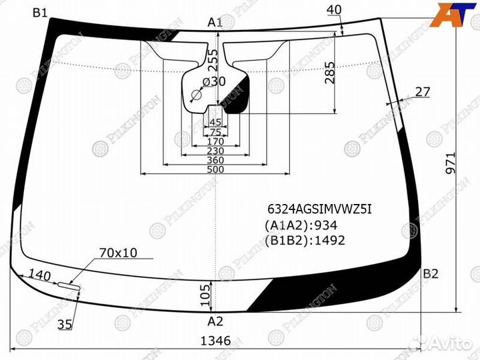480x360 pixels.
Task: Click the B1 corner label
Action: [x=39, y=12]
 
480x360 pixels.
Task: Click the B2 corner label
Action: [x=431, y=273]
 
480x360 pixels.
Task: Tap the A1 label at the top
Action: [x=215, y=23]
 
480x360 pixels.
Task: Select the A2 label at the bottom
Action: [x=215, y=321]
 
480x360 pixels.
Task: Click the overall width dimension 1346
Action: [x=215, y=341]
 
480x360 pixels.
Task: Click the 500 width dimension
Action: [x=215, y=170]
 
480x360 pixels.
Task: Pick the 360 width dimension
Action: [x=215, y=161]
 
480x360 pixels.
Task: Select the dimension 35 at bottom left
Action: [x=65, y=325]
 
